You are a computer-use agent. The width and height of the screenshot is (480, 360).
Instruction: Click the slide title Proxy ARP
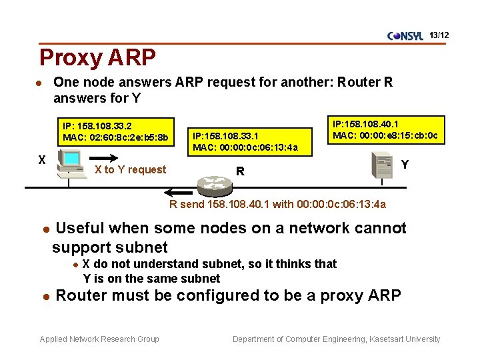click(97, 57)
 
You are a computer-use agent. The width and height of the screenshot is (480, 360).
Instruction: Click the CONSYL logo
click(405, 36)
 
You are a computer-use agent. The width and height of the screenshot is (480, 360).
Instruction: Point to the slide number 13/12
click(439, 34)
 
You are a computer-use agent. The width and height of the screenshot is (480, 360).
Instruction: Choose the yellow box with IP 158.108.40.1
click(385, 130)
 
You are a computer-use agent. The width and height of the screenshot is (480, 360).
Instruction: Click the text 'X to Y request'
click(130, 169)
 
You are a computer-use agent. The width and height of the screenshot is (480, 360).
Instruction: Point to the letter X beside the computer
click(41, 160)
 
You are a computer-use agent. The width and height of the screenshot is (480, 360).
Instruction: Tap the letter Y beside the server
click(405, 164)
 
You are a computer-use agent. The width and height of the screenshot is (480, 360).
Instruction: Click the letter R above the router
click(240, 171)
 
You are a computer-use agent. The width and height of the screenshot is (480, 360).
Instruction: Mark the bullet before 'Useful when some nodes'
click(46, 229)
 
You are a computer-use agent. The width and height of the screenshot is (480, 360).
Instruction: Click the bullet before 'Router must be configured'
click(46, 296)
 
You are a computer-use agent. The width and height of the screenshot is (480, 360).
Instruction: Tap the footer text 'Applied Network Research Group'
click(99, 339)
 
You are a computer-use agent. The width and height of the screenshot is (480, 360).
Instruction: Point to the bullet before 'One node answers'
click(40, 83)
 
